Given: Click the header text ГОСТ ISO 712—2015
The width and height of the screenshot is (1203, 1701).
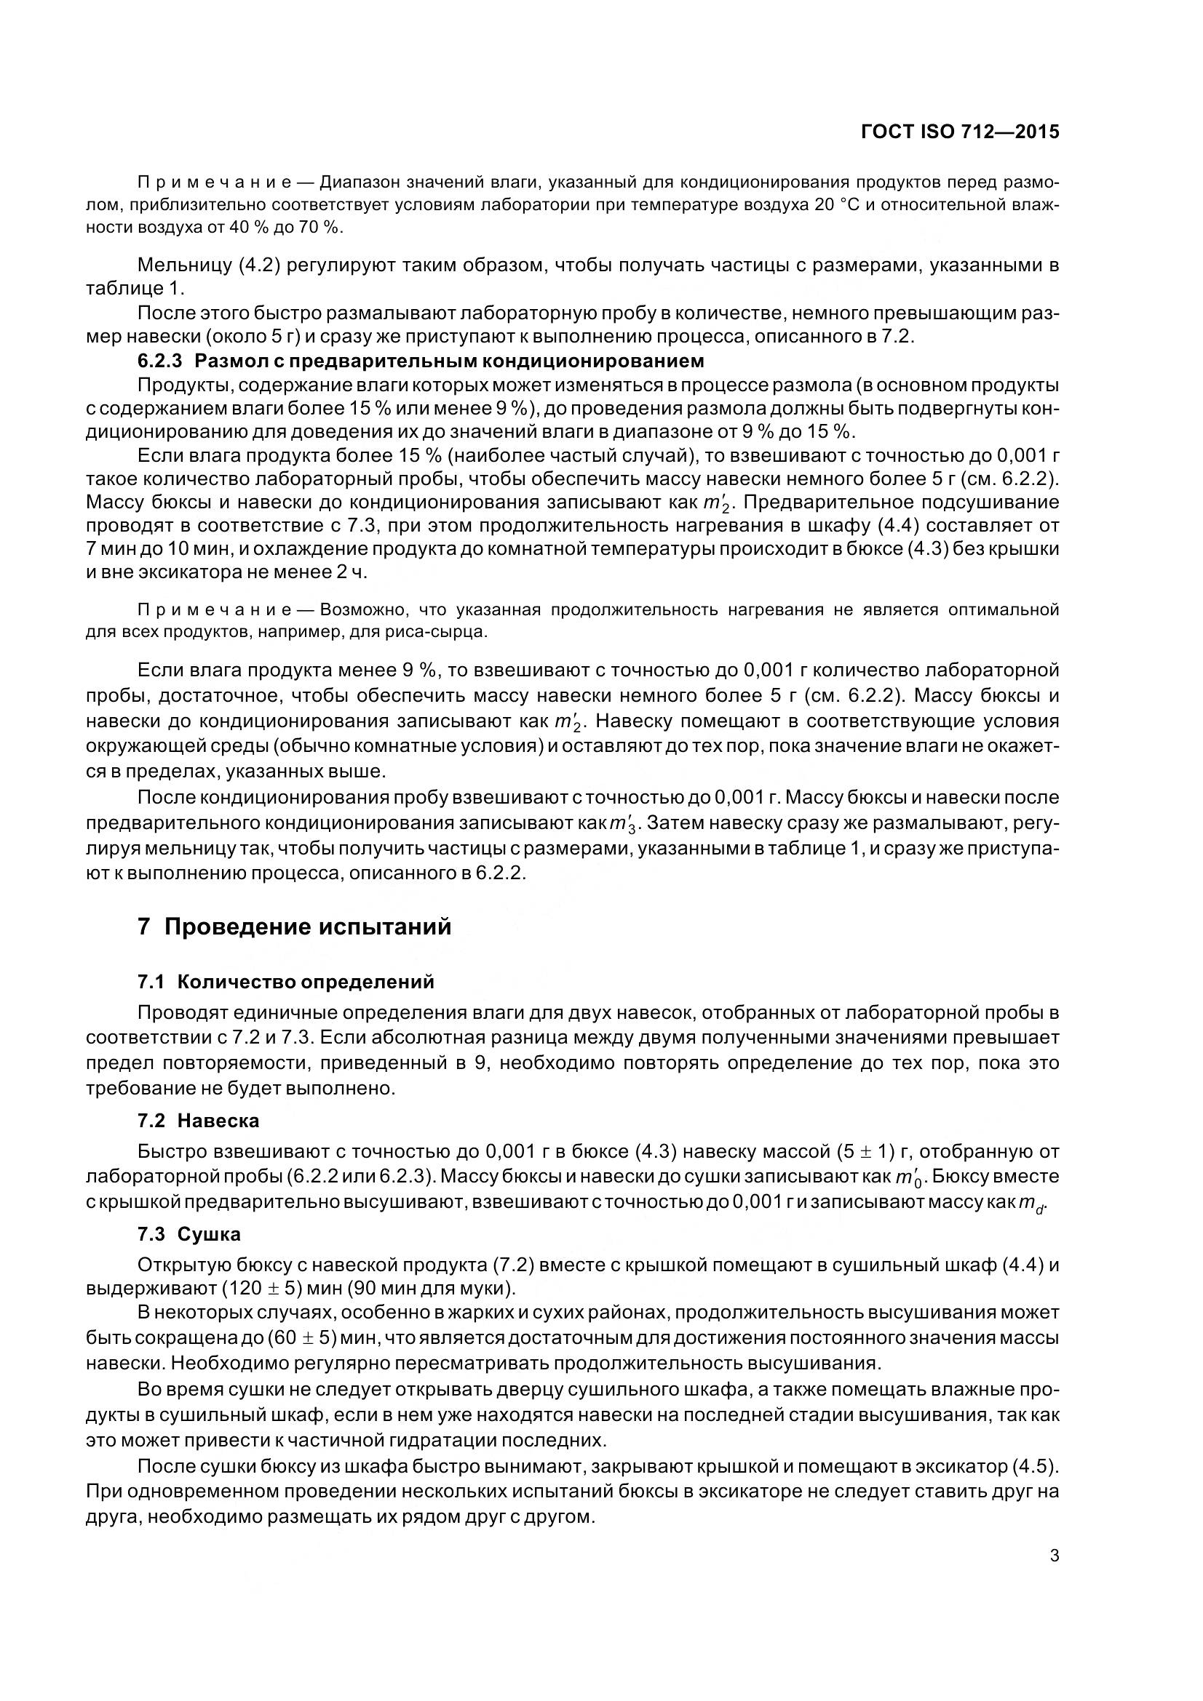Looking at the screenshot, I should click(960, 132).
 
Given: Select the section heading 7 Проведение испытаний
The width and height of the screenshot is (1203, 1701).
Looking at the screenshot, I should click(294, 926).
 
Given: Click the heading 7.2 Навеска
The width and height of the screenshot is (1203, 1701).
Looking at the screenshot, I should click(198, 1121).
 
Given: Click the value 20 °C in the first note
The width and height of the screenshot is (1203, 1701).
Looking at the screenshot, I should click(837, 204).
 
